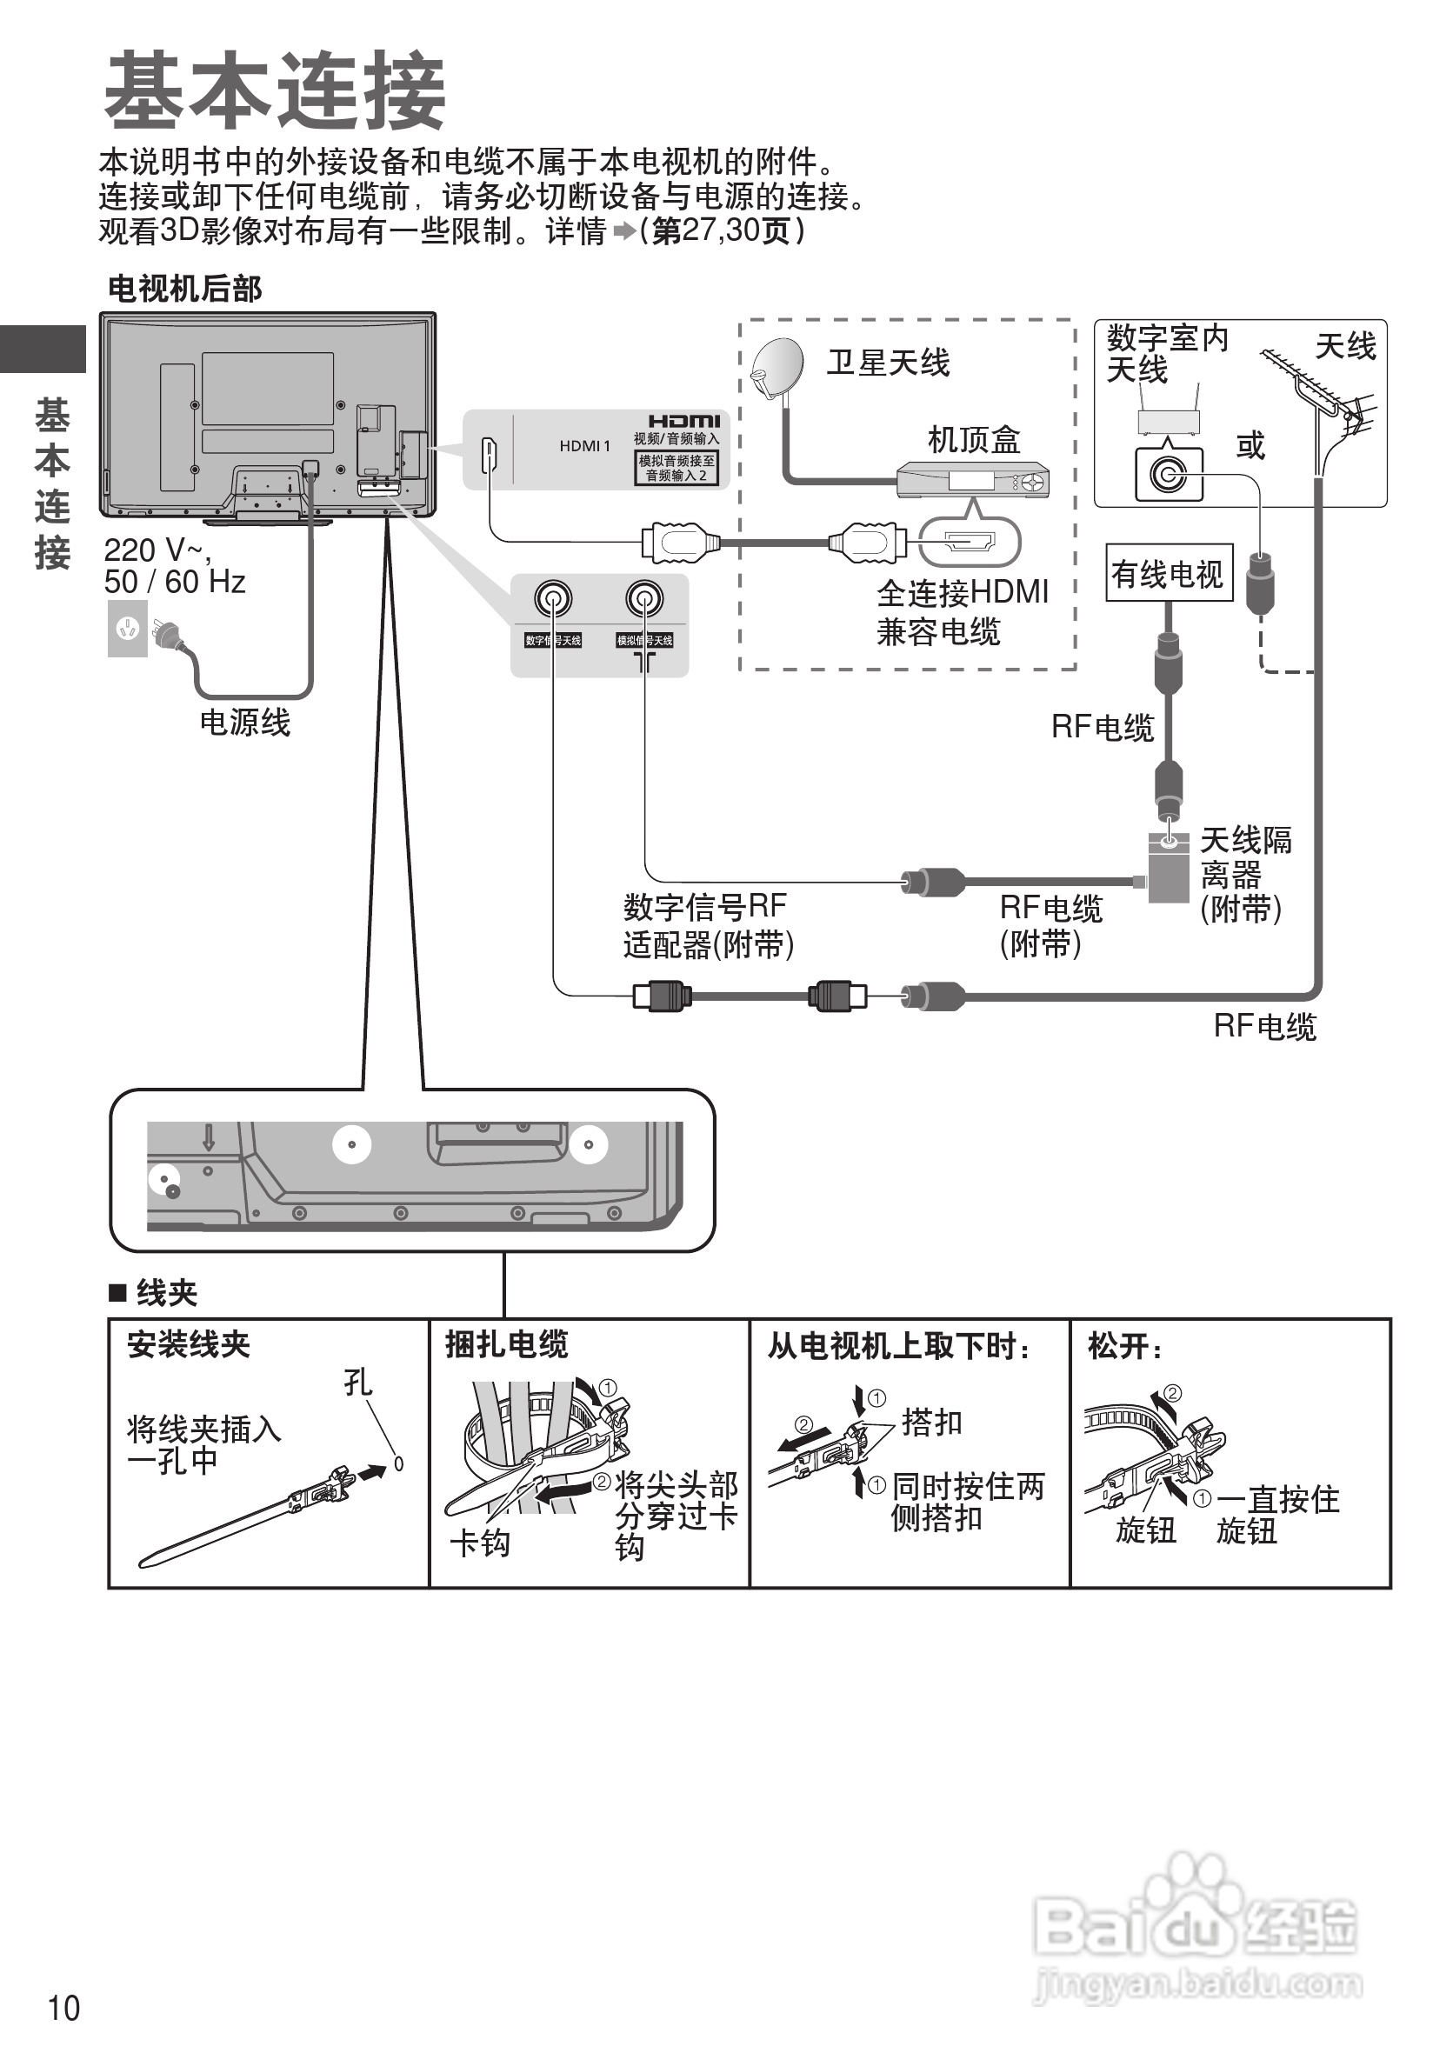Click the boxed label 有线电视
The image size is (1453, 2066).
click(1167, 573)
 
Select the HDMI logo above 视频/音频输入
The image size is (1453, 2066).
click(683, 421)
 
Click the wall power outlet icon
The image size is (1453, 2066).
click(127, 628)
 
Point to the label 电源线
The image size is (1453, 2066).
click(244, 722)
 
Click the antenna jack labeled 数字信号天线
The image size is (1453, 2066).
click(552, 598)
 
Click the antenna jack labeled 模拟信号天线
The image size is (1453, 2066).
click(644, 598)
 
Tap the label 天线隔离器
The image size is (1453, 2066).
click(1245, 856)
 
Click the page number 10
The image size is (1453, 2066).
click(63, 2009)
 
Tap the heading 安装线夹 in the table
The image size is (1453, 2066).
click(188, 1344)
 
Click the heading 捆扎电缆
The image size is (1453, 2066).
click(507, 1344)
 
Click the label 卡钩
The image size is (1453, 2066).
click(479, 1543)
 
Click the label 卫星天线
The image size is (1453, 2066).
click(888, 363)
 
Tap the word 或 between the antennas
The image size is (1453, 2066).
click(1250, 444)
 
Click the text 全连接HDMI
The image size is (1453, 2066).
click(962, 592)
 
